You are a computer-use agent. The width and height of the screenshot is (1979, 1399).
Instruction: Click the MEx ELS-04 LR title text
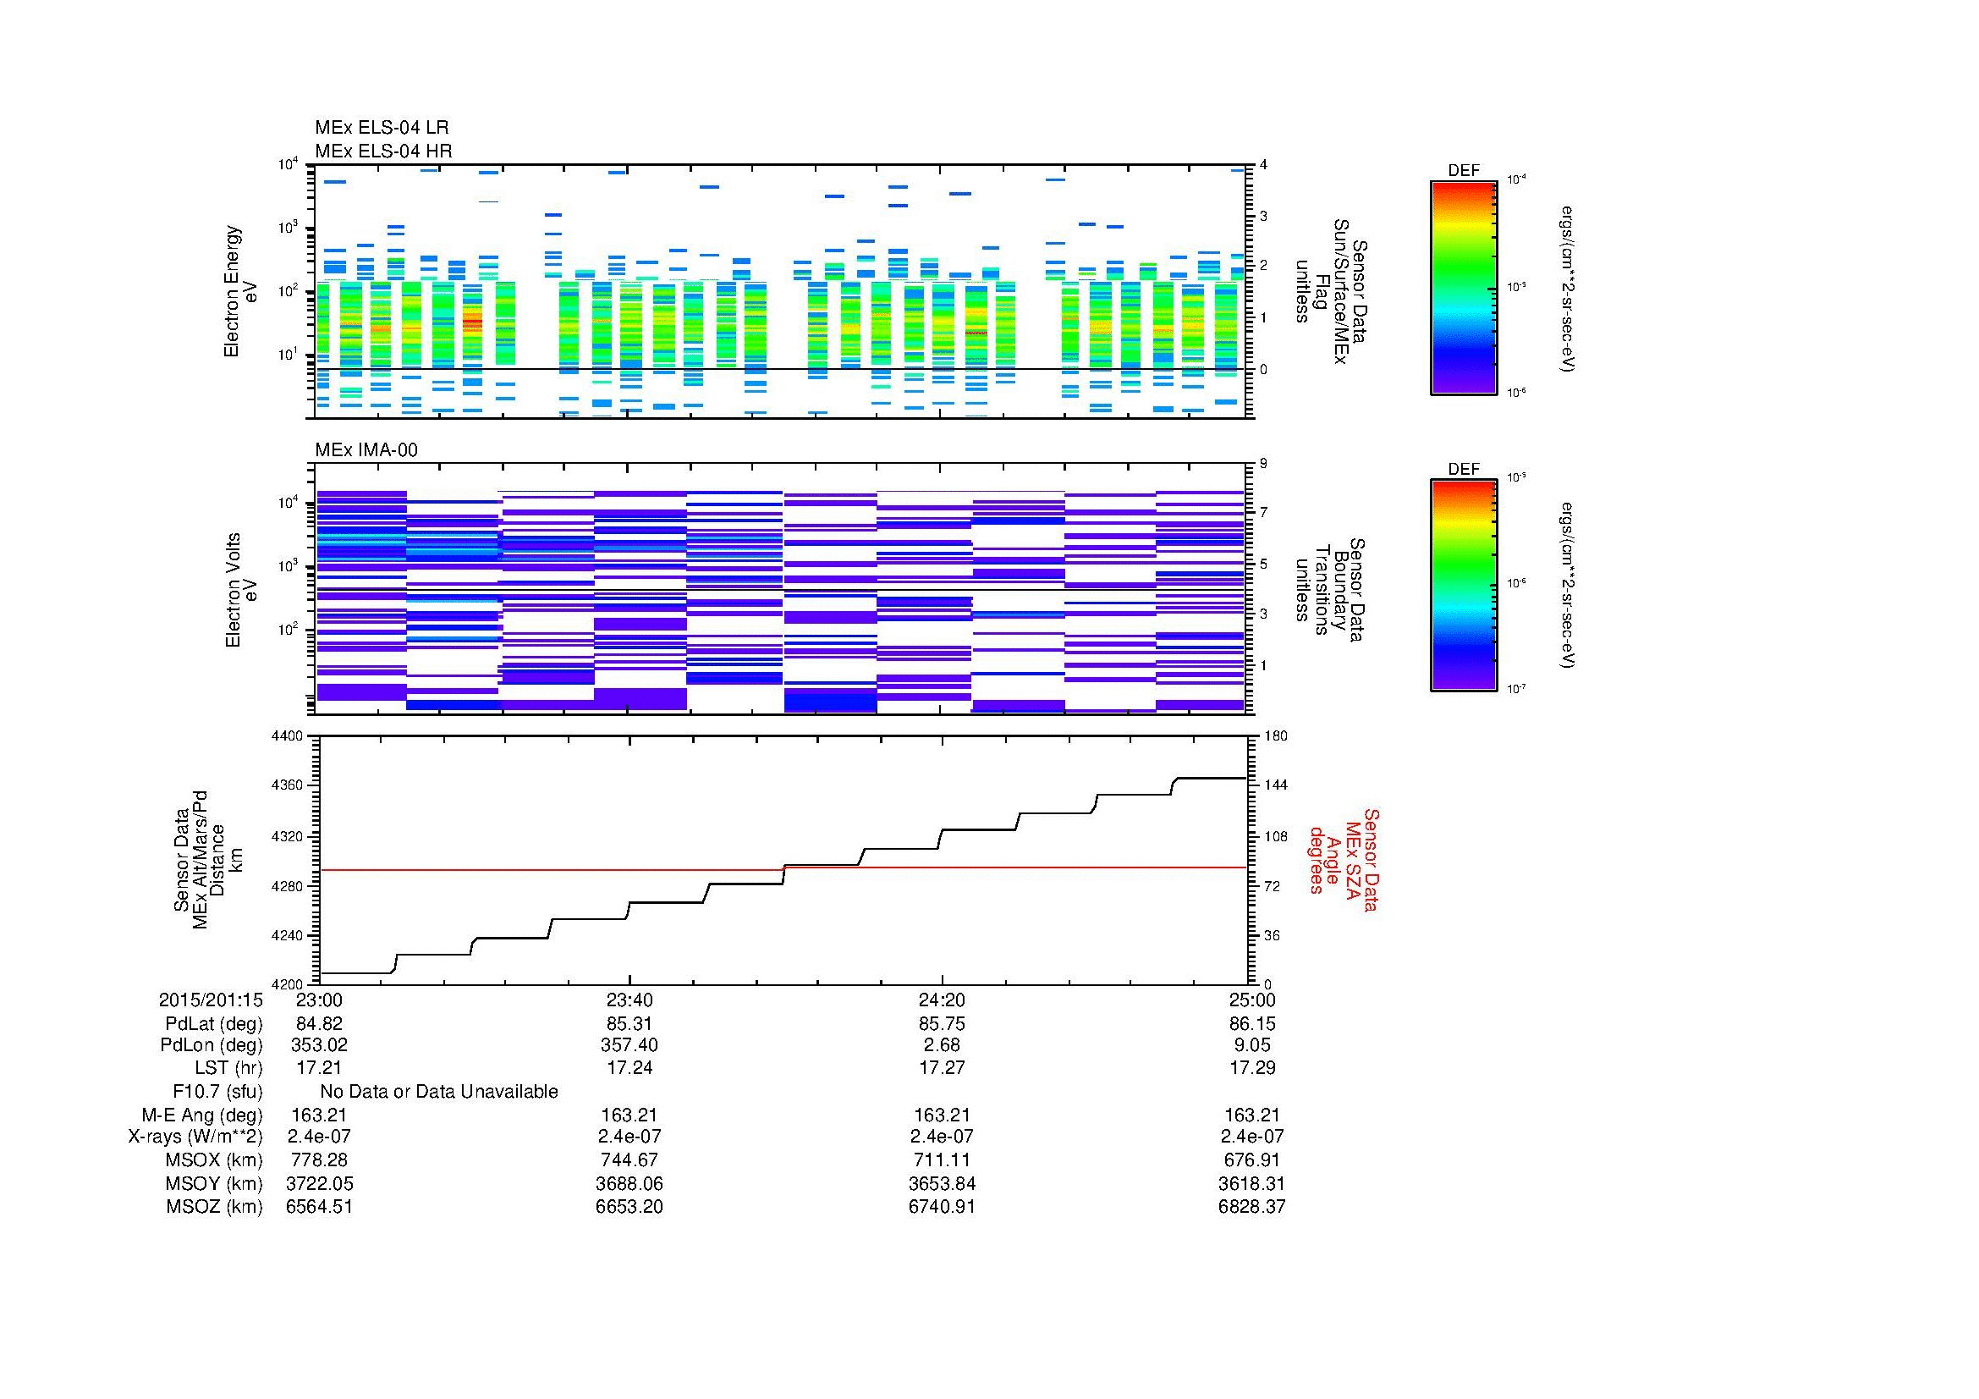click(381, 128)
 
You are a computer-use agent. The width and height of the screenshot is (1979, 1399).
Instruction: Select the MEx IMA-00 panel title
click(366, 450)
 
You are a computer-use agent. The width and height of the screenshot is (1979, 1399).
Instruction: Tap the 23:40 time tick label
click(629, 1000)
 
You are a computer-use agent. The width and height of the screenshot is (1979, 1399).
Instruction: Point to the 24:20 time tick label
click(942, 1000)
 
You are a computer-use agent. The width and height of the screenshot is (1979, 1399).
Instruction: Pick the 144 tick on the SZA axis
click(1275, 785)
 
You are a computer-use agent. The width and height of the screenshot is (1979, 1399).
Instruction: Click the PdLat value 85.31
click(629, 1024)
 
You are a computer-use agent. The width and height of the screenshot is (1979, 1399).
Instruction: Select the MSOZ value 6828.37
click(1251, 1207)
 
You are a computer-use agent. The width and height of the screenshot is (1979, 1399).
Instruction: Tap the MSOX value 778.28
click(319, 1160)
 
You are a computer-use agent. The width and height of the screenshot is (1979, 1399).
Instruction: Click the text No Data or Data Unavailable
click(439, 1092)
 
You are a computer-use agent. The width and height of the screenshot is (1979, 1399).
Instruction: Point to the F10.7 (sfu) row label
click(217, 1092)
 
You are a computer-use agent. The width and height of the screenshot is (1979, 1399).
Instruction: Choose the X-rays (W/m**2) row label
click(195, 1137)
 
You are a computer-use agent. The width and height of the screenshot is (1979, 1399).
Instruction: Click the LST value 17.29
click(1251, 1067)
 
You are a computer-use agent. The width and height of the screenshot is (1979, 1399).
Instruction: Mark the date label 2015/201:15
click(211, 1000)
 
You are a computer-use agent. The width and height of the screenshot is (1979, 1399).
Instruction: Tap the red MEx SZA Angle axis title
click(1342, 859)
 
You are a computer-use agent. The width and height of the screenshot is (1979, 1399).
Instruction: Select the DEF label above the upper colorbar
click(1463, 171)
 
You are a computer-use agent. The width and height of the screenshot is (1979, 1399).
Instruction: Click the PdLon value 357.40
click(629, 1045)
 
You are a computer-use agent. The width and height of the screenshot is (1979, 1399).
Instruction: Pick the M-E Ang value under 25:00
click(1251, 1115)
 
